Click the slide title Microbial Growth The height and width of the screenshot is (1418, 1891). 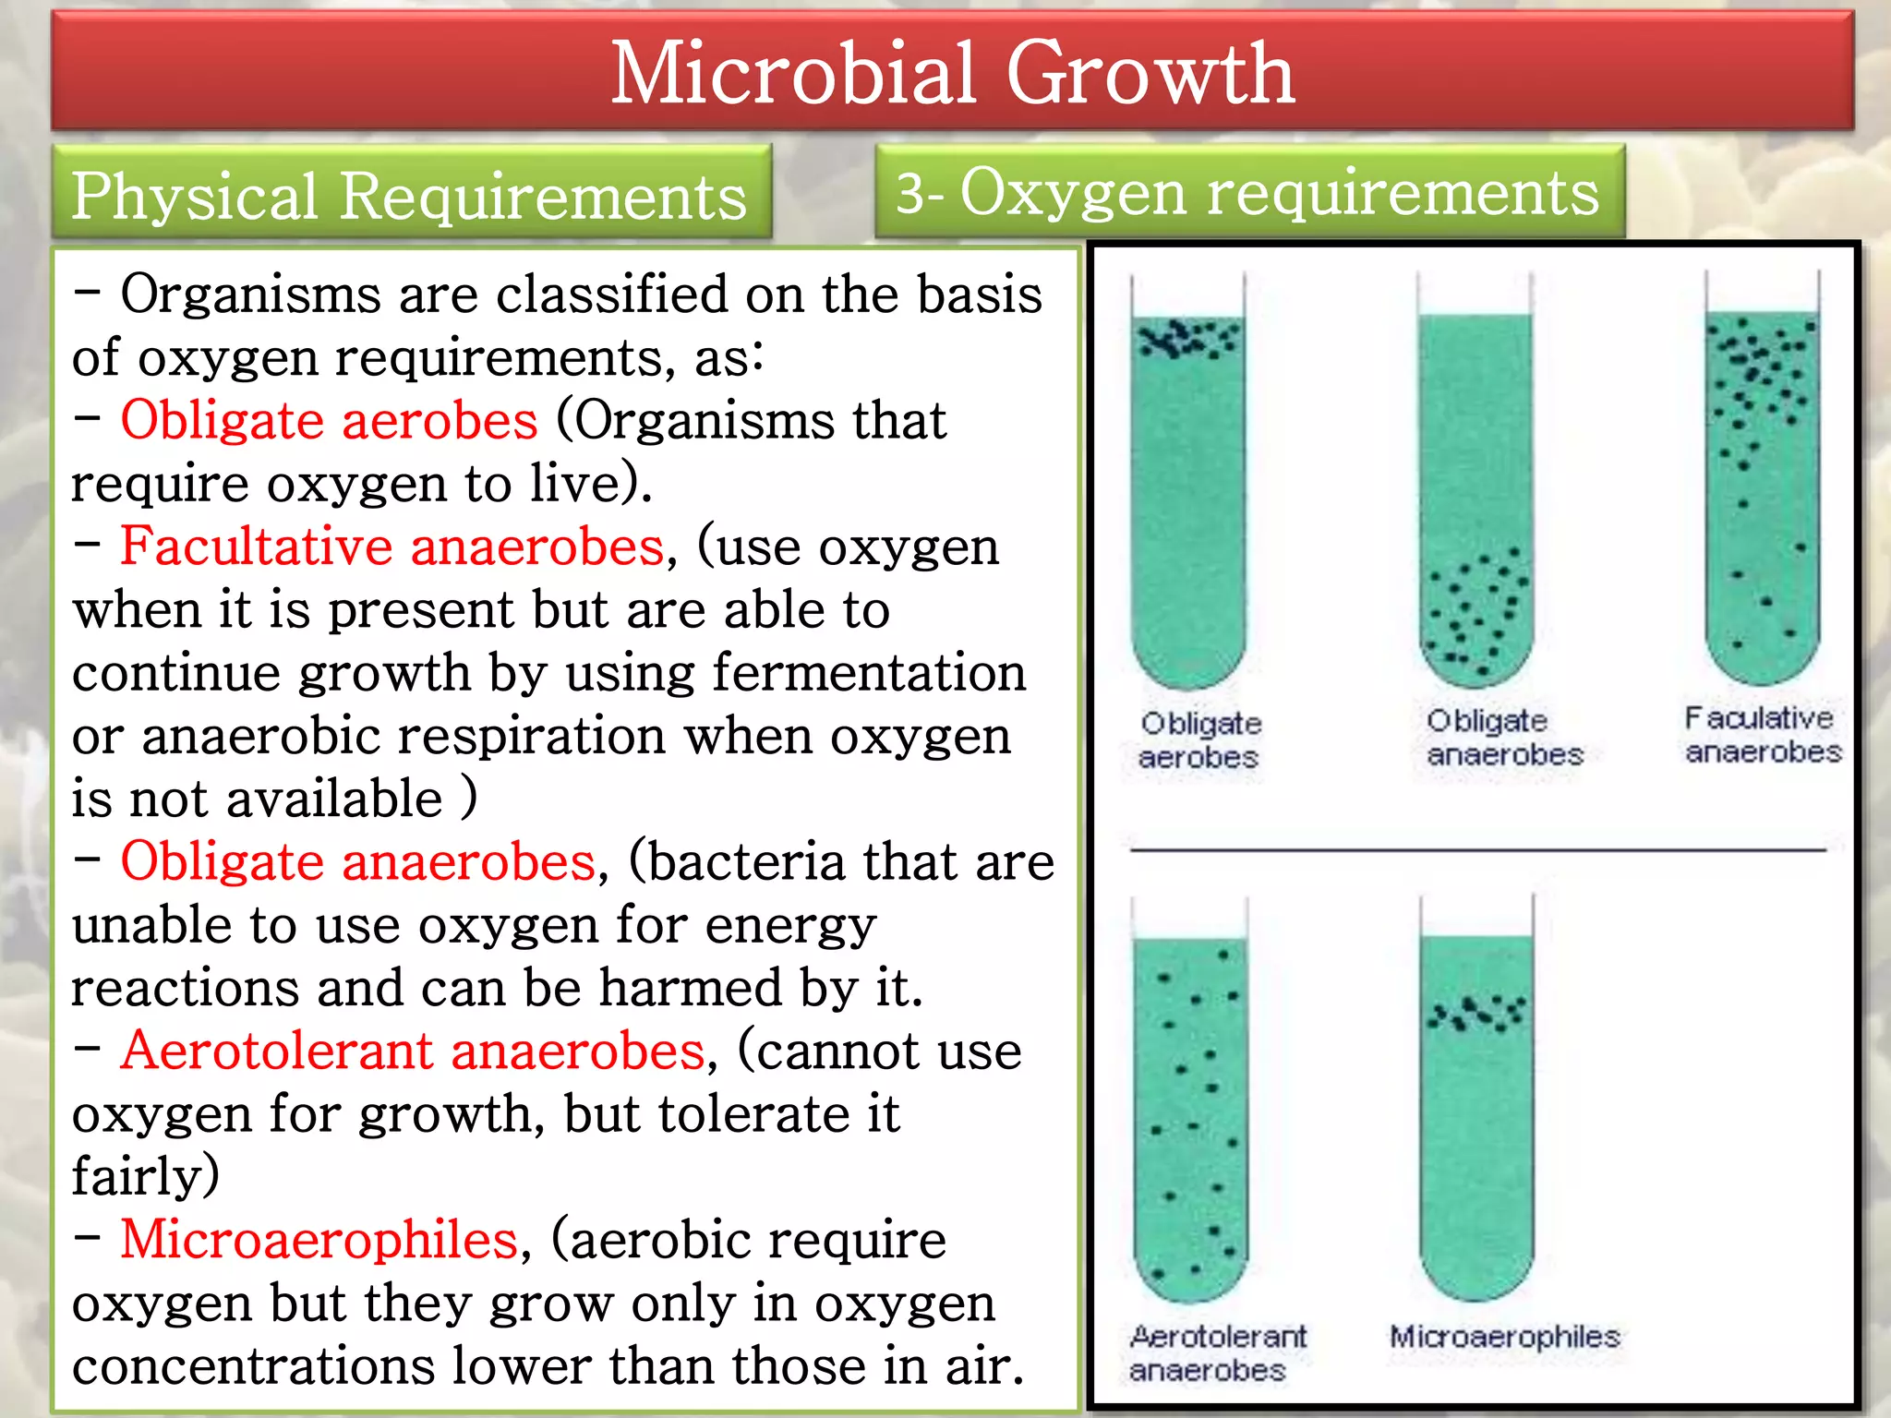(952, 73)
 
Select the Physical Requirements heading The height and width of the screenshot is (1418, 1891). (409, 196)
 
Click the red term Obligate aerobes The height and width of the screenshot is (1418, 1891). (329, 421)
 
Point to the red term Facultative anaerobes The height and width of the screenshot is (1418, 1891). (392, 547)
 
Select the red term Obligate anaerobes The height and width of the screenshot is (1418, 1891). (358, 862)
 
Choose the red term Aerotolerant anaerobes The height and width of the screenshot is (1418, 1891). (413, 1051)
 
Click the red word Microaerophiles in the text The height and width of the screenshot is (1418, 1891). (319, 1240)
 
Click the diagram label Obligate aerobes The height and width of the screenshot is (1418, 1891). (1199, 740)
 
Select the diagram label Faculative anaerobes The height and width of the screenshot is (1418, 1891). (1762, 735)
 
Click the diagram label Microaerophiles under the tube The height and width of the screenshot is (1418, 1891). (1505, 1337)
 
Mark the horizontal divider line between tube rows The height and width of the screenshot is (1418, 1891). (1477, 848)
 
